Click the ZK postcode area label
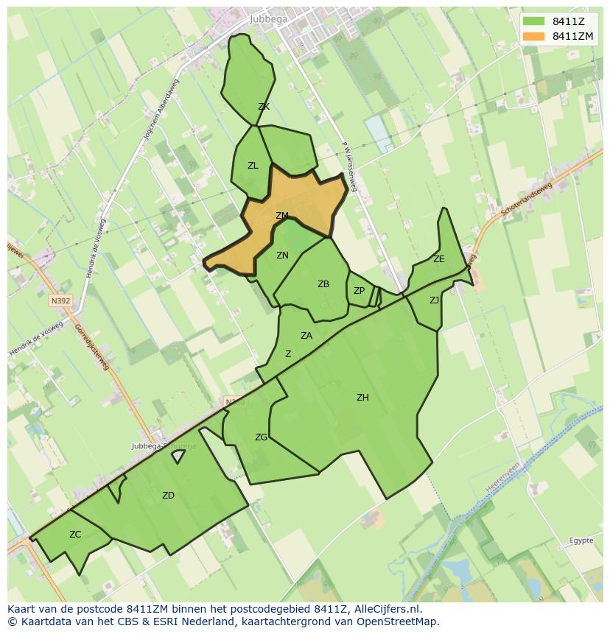264,107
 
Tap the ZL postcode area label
253,166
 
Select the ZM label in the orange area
281,216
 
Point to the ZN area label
282,256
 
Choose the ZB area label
323,284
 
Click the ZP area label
359,291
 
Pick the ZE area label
439,259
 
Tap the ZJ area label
434,300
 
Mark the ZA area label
306,336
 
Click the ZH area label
362,398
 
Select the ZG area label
261,437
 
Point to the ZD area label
168,496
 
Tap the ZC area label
75,535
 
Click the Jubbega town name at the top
269,19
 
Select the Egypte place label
581,540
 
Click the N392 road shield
60,300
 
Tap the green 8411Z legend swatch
533,21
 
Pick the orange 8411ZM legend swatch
533,36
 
